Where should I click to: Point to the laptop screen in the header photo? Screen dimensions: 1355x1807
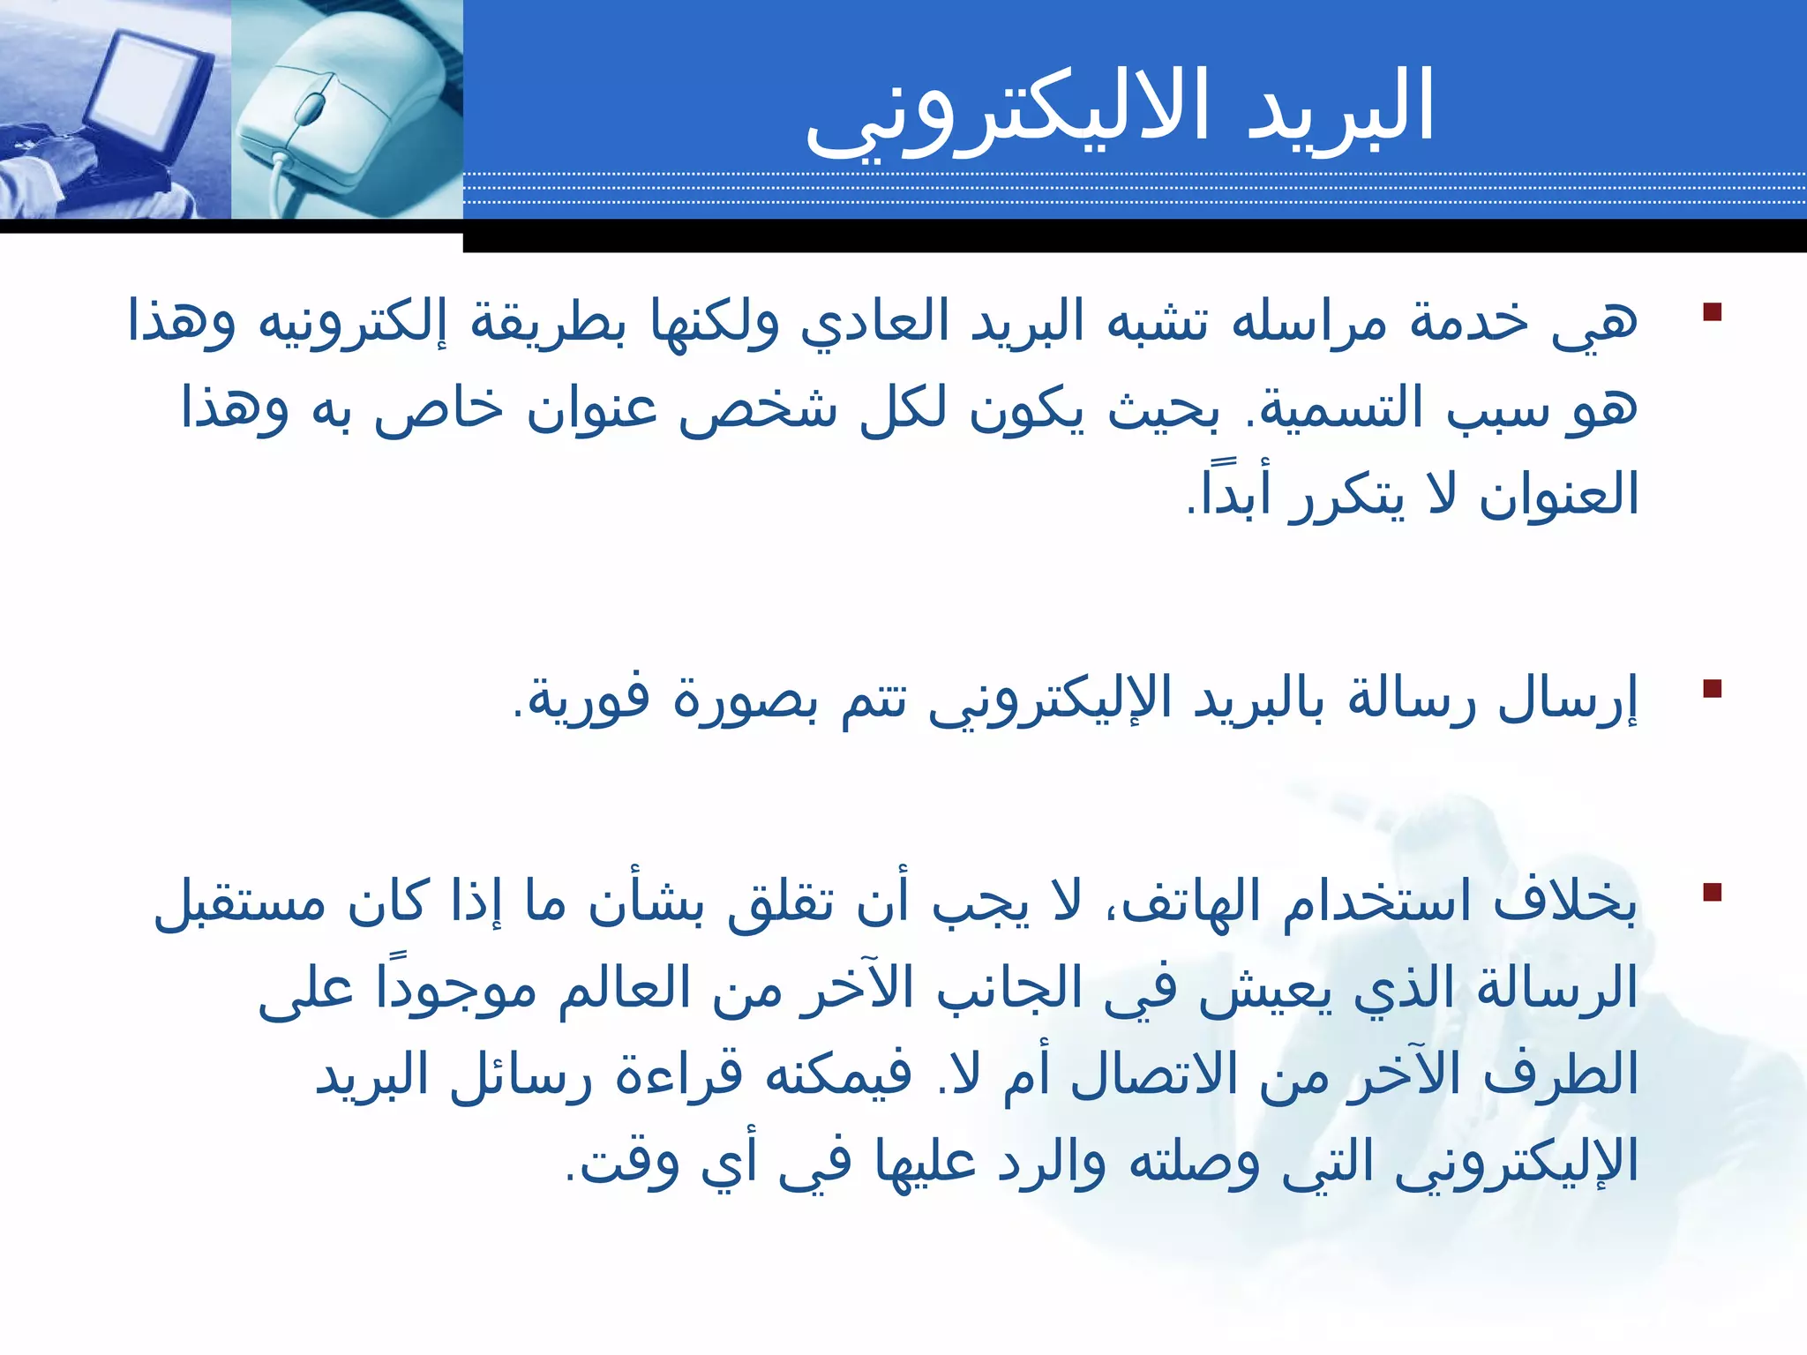click(150, 84)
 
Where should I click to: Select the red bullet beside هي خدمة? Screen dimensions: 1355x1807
click(1713, 312)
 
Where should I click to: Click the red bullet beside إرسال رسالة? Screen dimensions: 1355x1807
click(1713, 688)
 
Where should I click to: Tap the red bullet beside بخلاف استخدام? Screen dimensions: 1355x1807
click(1713, 892)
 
